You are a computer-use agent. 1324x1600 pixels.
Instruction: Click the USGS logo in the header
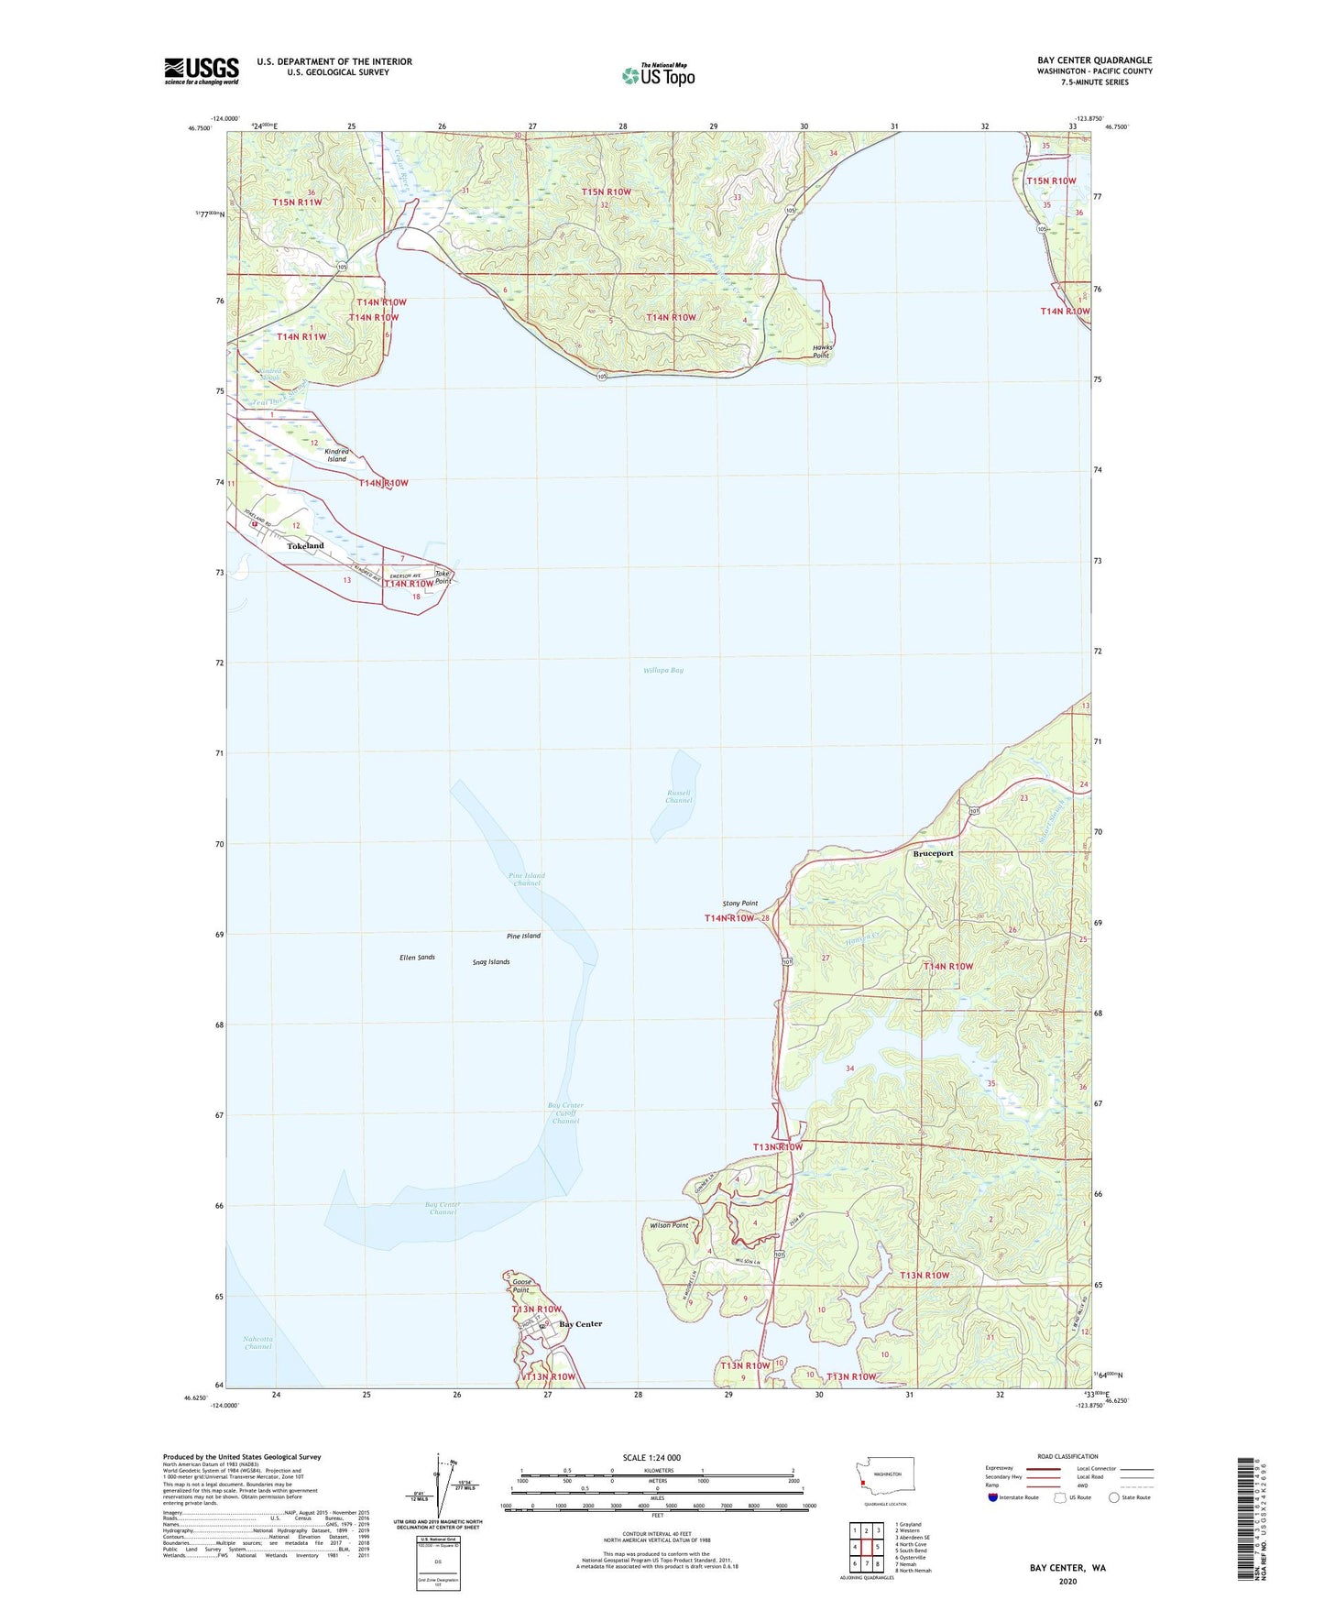pos(201,71)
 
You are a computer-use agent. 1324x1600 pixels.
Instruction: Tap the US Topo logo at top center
pos(658,74)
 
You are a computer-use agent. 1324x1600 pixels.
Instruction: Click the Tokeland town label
pos(305,546)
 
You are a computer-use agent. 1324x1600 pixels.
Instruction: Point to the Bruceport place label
pos(933,853)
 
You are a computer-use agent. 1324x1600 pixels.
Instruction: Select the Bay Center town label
pos(581,1324)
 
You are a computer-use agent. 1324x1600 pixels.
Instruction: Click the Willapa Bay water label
pos(663,670)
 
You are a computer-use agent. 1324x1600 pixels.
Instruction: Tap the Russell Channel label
pos(678,796)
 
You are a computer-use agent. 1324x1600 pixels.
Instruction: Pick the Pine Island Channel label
pos(526,879)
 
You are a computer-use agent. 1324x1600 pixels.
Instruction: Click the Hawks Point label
pos(821,352)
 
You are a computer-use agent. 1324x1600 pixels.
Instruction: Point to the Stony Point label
pos(739,904)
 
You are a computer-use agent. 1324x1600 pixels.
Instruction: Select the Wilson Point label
pos(668,1225)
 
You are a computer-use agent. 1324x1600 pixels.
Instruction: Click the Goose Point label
pos(521,1286)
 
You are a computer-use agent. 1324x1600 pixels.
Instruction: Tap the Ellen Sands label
pos(417,958)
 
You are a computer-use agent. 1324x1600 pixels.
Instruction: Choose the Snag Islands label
pos(491,962)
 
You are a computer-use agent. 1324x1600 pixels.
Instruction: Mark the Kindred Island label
pos(336,455)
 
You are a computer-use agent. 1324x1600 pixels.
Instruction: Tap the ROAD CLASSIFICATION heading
pos(1067,1456)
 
